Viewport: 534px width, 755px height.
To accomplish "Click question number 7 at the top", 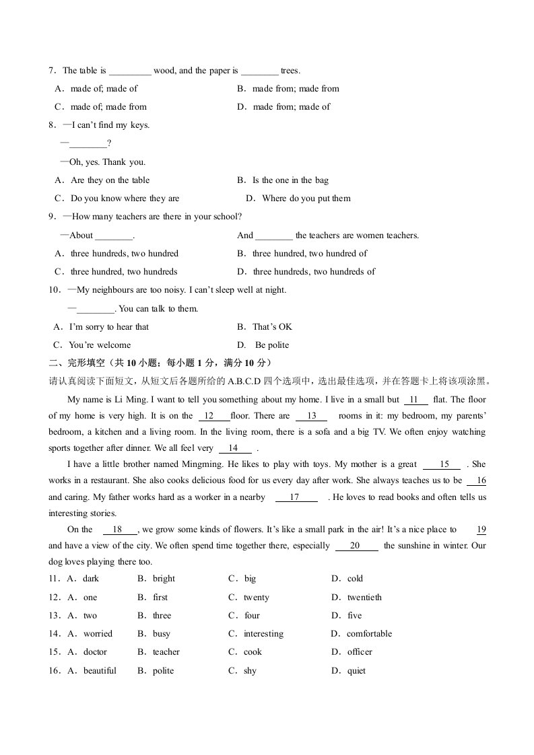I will pos(51,71).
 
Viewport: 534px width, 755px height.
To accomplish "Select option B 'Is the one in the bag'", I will pos(290,180).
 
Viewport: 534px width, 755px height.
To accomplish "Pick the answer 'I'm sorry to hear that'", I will pos(109,326).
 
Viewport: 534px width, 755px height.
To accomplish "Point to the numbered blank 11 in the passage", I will pos(414,399).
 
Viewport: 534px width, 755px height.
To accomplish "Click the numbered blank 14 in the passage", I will pos(233,448).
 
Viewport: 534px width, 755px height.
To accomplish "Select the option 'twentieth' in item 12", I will pos(364,597).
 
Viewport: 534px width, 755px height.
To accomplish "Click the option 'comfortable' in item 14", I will pos(369,633).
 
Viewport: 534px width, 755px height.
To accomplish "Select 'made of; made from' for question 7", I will pos(108,106).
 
